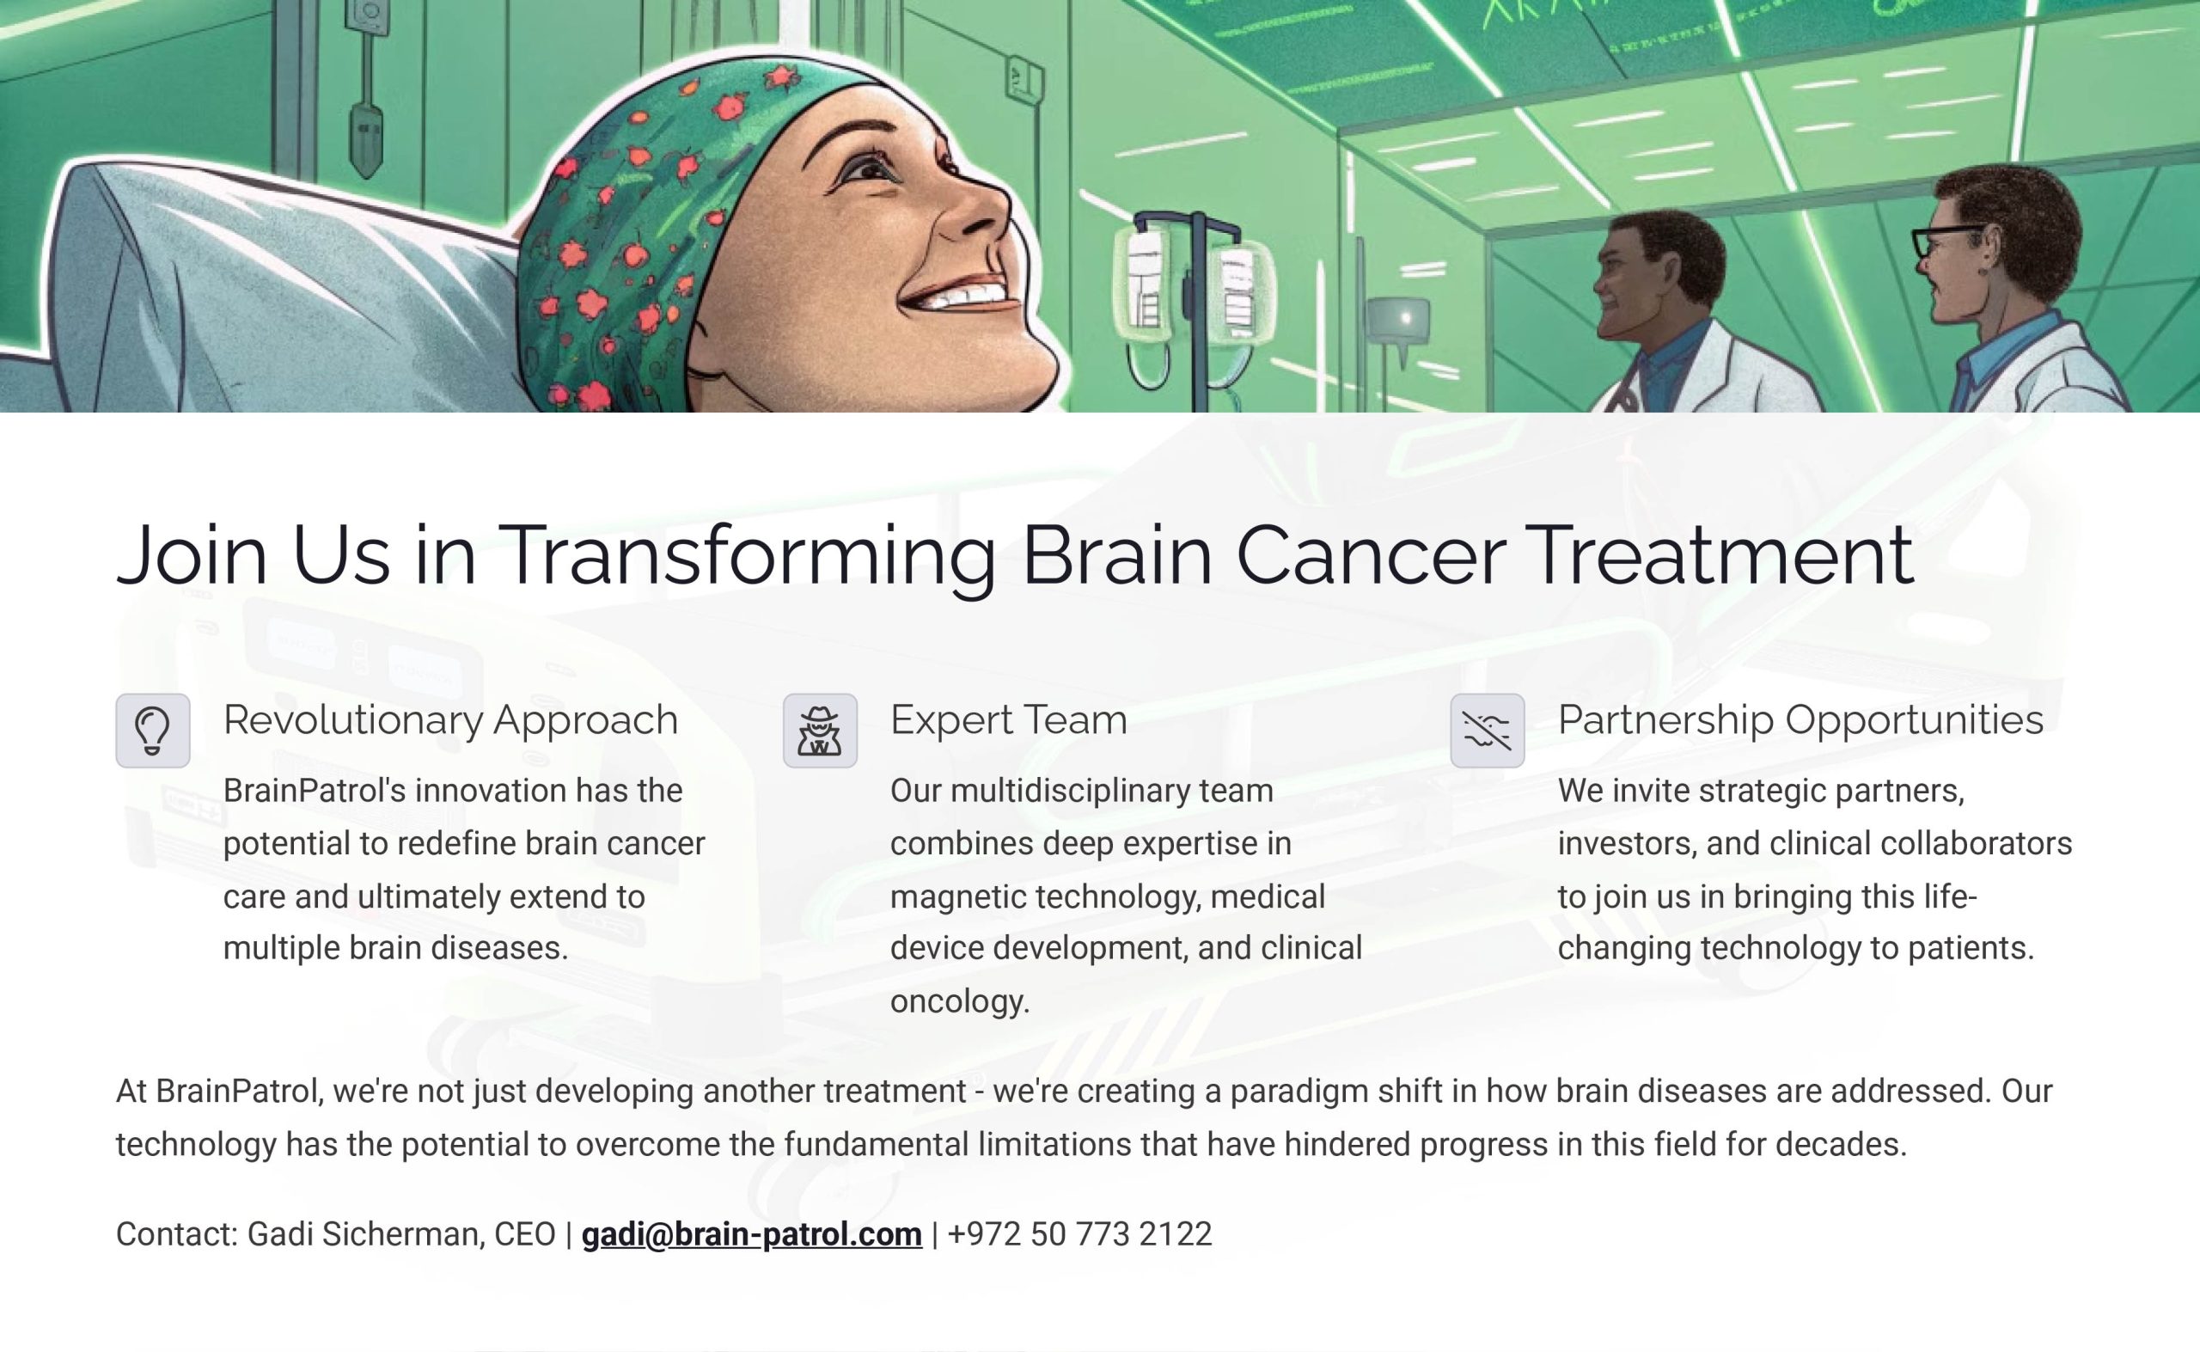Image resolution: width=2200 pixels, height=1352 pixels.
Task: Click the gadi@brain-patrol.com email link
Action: [751, 1234]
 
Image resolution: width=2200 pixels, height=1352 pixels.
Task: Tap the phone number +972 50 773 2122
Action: [1079, 1234]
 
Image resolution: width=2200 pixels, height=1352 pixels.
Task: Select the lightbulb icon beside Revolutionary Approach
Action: [153, 731]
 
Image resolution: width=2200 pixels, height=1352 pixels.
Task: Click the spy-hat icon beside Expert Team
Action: [820, 731]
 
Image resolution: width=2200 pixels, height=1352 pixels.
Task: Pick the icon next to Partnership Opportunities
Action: [1488, 731]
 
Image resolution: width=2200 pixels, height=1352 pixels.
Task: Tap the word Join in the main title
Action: [192, 556]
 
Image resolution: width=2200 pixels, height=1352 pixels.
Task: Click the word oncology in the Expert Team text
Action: [960, 1000]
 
